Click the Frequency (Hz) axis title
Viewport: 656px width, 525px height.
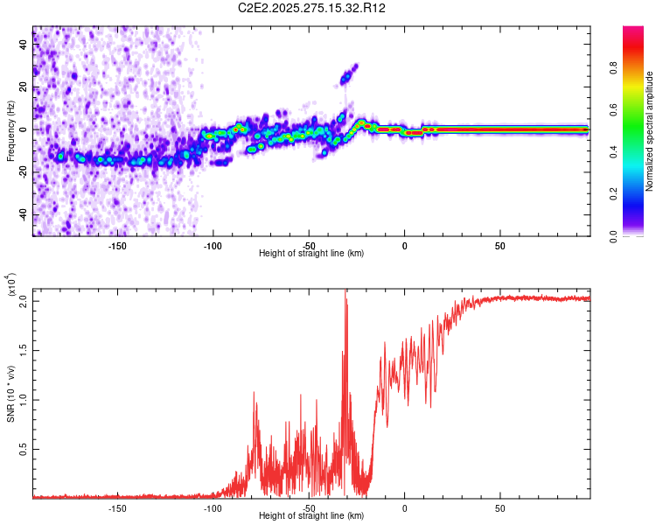pos(10,130)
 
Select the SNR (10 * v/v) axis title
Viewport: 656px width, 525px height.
pos(10,394)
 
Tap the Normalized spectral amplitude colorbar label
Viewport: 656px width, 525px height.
pos(650,131)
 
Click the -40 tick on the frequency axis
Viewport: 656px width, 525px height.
pos(22,215)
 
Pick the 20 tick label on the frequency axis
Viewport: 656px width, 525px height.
pos(24,87)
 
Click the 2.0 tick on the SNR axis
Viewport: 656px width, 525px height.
pos(24,300)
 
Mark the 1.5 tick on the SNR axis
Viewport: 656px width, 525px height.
pos(24,350)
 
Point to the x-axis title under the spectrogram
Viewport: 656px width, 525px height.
pos(311,254)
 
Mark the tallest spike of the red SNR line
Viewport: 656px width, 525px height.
pos(345,290)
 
